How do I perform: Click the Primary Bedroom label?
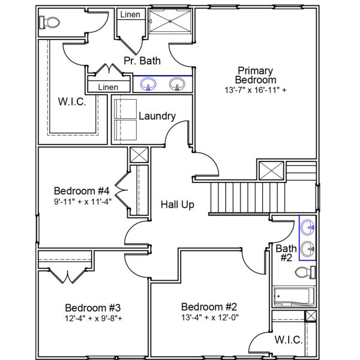[x=256, y=75]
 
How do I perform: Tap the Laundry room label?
[x=157, y=116]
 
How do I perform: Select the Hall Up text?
[x=178, y=205]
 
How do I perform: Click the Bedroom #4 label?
[x=82, y=191]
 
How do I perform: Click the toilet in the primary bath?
[x=50, y=23]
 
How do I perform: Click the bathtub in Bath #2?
[x=292, y=296]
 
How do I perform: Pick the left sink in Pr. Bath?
[x=146, y=85]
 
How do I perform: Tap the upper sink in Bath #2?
[x=308, y=227]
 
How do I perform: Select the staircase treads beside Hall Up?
[x=239, y=197]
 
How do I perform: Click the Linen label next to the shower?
[x=130, y=14]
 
